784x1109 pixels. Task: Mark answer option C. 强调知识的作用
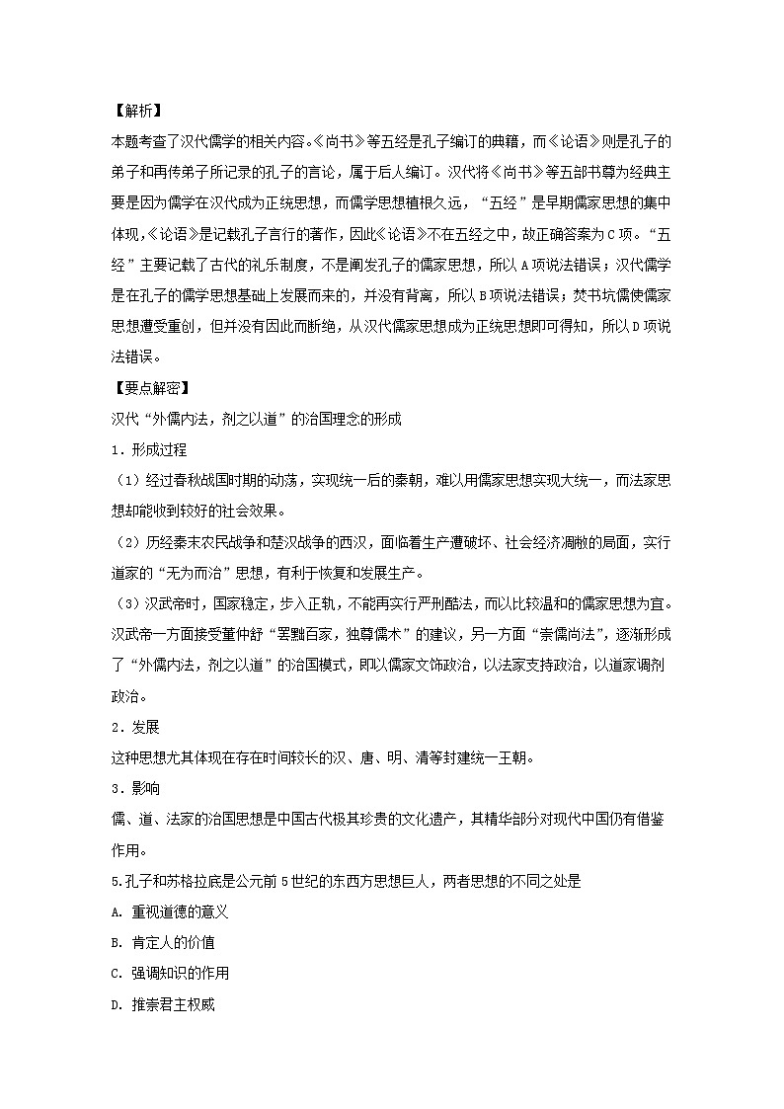coord(171,974)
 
